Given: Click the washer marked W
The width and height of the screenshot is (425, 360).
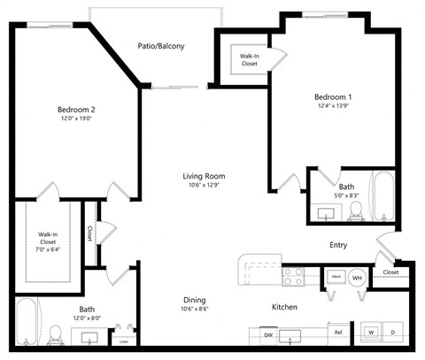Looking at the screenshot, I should point(370,333).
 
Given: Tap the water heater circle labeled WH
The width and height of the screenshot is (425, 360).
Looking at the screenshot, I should point(358,278).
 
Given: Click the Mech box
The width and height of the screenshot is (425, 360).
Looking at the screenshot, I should point(336,277).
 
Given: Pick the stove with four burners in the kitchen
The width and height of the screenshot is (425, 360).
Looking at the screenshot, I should point(293,277).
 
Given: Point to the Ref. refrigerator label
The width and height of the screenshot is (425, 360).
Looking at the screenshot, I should point(338,333).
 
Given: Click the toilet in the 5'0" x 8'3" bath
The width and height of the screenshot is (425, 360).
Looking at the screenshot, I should point(356,209).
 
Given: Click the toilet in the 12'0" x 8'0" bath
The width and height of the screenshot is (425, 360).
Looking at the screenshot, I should point(56,333).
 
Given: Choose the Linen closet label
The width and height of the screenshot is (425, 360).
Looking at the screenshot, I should point(125,341).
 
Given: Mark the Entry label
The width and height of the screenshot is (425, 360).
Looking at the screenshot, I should point(337,245).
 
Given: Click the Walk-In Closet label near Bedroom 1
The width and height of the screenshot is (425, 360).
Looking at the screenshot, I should point(250,60).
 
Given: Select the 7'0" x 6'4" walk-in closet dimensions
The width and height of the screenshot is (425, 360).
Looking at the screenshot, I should point(48,249).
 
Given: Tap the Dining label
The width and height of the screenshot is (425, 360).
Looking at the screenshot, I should point(195,300).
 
